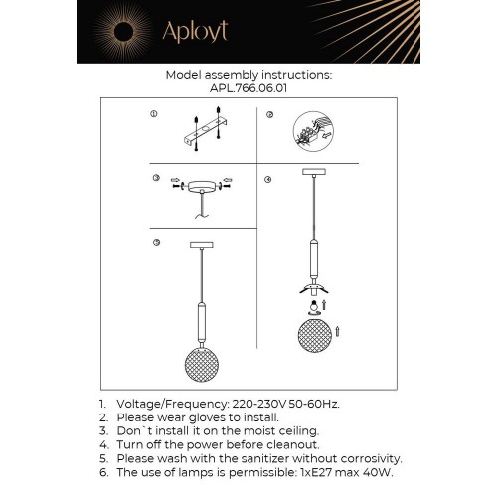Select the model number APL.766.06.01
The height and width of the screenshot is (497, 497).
pos(248,86)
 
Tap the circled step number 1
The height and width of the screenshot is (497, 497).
pos(154,115)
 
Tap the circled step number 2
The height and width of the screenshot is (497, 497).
pos(269,115)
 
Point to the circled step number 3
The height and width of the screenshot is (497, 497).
pos(156,179)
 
